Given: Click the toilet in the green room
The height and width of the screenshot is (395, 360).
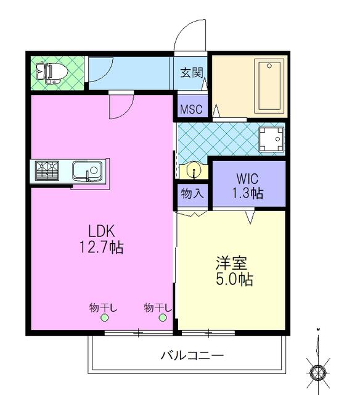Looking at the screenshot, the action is (52, 72).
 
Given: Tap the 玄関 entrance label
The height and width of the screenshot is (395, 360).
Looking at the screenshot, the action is (192, 73).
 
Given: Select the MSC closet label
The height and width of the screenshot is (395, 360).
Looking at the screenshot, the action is (191, 109).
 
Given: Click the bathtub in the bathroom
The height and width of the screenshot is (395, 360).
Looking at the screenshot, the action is (269, 86).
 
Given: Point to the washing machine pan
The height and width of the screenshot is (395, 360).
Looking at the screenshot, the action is (271, 139).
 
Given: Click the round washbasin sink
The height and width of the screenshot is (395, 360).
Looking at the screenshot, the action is (194, 170).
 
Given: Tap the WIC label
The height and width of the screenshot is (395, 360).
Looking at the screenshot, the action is (247, 178).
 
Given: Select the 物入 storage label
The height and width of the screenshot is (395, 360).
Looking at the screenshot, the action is (192, 193).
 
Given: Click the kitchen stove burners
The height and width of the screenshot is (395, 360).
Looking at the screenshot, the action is (47, 171).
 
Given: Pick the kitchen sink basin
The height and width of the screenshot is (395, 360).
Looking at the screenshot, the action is (88, 171).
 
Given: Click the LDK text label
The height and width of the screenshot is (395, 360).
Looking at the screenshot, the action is (102, 231).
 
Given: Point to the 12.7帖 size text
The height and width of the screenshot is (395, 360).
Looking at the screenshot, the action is (101, 247).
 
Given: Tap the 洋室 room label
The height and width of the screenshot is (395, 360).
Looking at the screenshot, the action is (231, 263).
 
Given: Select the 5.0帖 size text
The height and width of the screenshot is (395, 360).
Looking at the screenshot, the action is (234, 279).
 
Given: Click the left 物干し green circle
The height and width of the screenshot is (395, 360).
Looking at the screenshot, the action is (104, 318).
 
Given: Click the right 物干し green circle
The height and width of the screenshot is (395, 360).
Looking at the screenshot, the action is (163, 318).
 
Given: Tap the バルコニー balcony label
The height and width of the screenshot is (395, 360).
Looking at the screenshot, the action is (192, 355).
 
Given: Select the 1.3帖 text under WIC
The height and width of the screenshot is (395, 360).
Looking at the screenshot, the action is (248, 193).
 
